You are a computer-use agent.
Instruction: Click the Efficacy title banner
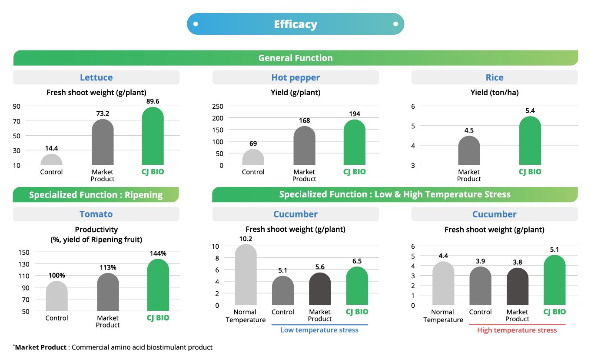tap(295, 24)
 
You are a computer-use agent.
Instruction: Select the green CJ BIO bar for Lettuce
tap(153, 137)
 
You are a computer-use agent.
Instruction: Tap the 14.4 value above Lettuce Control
tap(51, 148)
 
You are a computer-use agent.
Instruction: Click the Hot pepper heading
tap(295, 77)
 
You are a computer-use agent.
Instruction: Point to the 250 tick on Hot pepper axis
tap(217, 106)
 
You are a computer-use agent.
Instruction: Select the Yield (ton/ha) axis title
tap(494, 92)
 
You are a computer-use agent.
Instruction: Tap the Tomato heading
tap(96, 214)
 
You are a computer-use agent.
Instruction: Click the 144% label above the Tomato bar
tap(158, 253)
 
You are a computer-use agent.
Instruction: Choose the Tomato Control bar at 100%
tap(56, 296)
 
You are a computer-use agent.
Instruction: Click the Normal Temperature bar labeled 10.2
tap(246, 275)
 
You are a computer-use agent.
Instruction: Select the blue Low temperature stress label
tap(319, 330)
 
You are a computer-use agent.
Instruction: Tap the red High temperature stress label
tap(517, 330)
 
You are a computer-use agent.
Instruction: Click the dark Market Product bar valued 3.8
tap(517, 287)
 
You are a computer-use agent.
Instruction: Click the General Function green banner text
tap(295, 58)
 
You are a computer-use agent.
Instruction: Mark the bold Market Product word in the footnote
tap(41, 347)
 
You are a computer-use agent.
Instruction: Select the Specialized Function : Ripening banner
tap(96, 195)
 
